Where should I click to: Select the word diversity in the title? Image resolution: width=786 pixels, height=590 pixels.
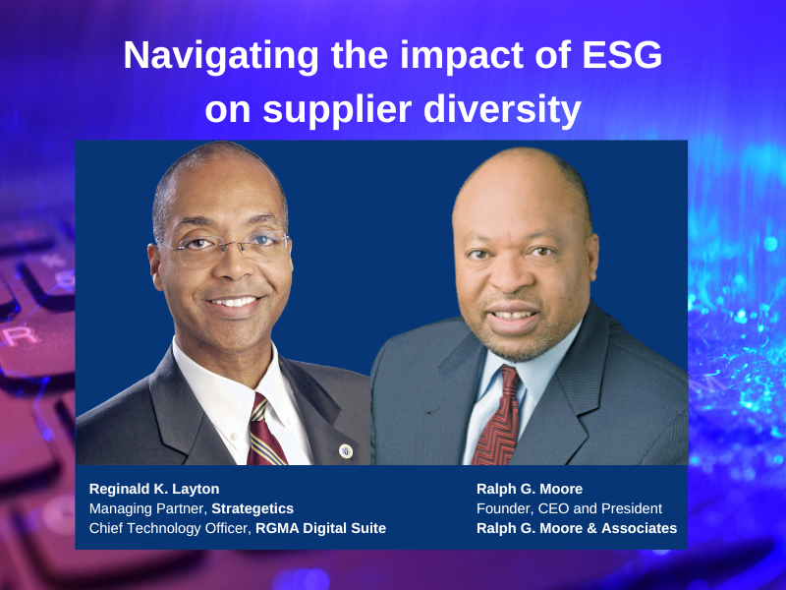[502, 110]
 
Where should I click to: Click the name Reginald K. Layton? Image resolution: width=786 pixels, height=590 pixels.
[154, 489]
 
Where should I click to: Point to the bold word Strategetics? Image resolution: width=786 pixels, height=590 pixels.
[253, 508]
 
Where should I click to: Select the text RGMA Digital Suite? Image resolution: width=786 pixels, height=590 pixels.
[321, 528]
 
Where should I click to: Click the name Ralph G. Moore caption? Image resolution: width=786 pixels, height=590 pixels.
[530, 489]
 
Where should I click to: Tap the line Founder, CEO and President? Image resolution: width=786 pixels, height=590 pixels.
[569, 508]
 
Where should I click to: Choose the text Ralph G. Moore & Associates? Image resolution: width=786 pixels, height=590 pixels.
[577, 528]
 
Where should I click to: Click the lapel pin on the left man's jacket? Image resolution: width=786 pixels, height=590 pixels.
[346, 450]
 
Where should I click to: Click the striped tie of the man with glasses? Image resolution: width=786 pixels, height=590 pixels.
[264, 433]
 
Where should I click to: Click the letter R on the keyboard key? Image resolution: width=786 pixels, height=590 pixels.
[21, 336]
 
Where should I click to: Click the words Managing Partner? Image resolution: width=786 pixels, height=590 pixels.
[146, 508]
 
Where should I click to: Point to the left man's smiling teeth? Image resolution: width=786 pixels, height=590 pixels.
[234, 302]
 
